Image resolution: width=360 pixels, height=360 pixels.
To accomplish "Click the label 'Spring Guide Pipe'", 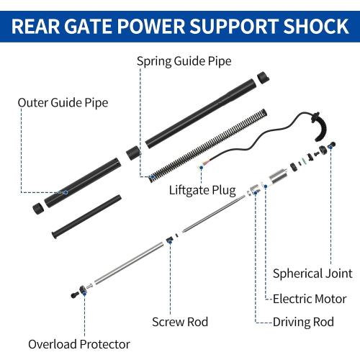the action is pyautogui.click(x=184, y=61).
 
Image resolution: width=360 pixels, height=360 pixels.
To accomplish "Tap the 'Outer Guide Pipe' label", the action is pyautogui.click(x=63, y=103).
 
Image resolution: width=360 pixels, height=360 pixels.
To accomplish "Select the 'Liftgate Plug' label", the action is pyautogui.click(x=202, y=190).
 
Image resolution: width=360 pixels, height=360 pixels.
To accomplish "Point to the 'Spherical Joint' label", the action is pyautogui.click(x=312, y=274).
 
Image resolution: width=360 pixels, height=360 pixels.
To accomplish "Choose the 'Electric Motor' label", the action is pyautogui.click(x=310, y=299).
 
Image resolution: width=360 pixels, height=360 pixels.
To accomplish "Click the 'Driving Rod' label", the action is pyautogui.click(x=303, y=322).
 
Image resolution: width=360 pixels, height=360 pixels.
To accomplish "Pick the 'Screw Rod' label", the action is pyautogui.click(x=180, y=322).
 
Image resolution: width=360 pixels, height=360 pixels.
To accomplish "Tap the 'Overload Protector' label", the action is pyautogui.click(x=79, y=344).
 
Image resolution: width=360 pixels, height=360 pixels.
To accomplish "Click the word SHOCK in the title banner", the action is pyautogui.click(x=316, y=26).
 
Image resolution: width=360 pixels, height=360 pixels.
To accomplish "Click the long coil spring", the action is pyautogui.click(x=208, y=145).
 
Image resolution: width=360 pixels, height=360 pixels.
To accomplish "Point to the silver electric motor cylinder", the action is pyautogui.click(x=279, y=178).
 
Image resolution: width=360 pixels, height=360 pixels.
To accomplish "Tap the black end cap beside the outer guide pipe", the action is pyautogui.click(x=38, y=209).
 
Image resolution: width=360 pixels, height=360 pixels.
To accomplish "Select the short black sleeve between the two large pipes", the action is pyautogui.click(x=133, y=153).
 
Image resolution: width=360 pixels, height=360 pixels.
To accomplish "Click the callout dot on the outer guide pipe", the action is pyautogui.click(x=66, y=192).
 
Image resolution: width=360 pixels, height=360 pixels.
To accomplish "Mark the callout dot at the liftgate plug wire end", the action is pyautogui.click(x=202, y=168).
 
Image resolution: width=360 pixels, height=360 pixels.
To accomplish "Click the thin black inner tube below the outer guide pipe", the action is pyautogui.click(x=86, y=217).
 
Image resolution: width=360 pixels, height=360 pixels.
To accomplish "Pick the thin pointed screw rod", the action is pyautogui.click(x=214, y=214).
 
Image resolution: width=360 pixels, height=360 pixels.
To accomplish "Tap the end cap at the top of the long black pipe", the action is pyautogui.click(x=264, y=78).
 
